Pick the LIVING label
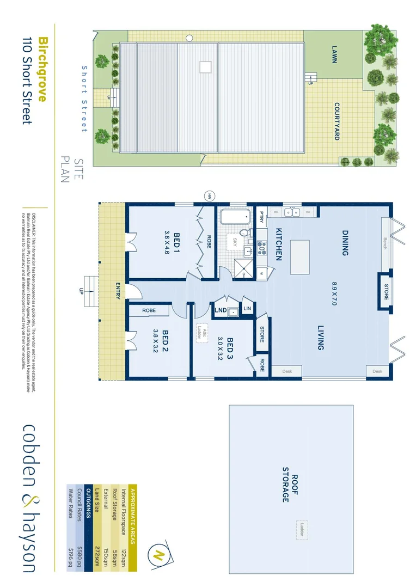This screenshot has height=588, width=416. [321, 338]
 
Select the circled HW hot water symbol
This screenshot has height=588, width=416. [209, 196]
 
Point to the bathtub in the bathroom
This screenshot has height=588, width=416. [234, 216]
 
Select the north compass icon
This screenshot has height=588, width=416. [159, 555]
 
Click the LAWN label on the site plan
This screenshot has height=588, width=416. [334, 54]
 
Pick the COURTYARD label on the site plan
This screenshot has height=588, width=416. [337, 121]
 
